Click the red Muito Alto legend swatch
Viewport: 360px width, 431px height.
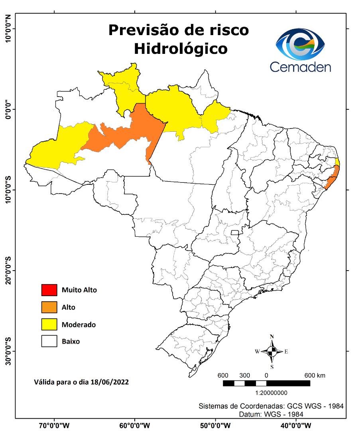coord(49,290)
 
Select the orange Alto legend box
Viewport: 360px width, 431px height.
coord(49,307)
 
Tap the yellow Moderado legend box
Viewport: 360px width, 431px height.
coord(49,324)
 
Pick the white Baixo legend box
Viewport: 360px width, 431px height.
coord(49,342)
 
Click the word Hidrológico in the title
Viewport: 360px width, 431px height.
coord(181,49)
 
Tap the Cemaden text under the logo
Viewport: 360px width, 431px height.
coord(300,67)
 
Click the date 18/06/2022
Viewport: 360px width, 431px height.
coord(110,382)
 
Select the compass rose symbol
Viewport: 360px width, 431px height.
coord(271,352)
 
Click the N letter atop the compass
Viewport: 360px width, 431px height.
coord(271,336)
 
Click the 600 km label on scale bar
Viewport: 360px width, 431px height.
coord(315,376)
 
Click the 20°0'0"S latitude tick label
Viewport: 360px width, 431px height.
coord(8,270)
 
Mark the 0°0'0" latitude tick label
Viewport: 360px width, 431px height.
coord(8,109)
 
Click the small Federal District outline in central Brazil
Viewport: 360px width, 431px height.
coord(235,232)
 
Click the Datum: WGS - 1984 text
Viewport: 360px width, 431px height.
coord(271,414)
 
